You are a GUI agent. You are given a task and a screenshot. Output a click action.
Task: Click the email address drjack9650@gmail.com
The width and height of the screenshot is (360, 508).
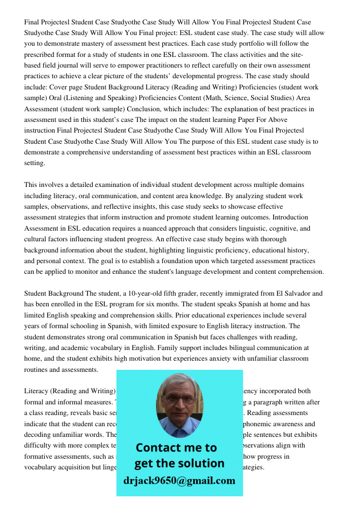[179, 481]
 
